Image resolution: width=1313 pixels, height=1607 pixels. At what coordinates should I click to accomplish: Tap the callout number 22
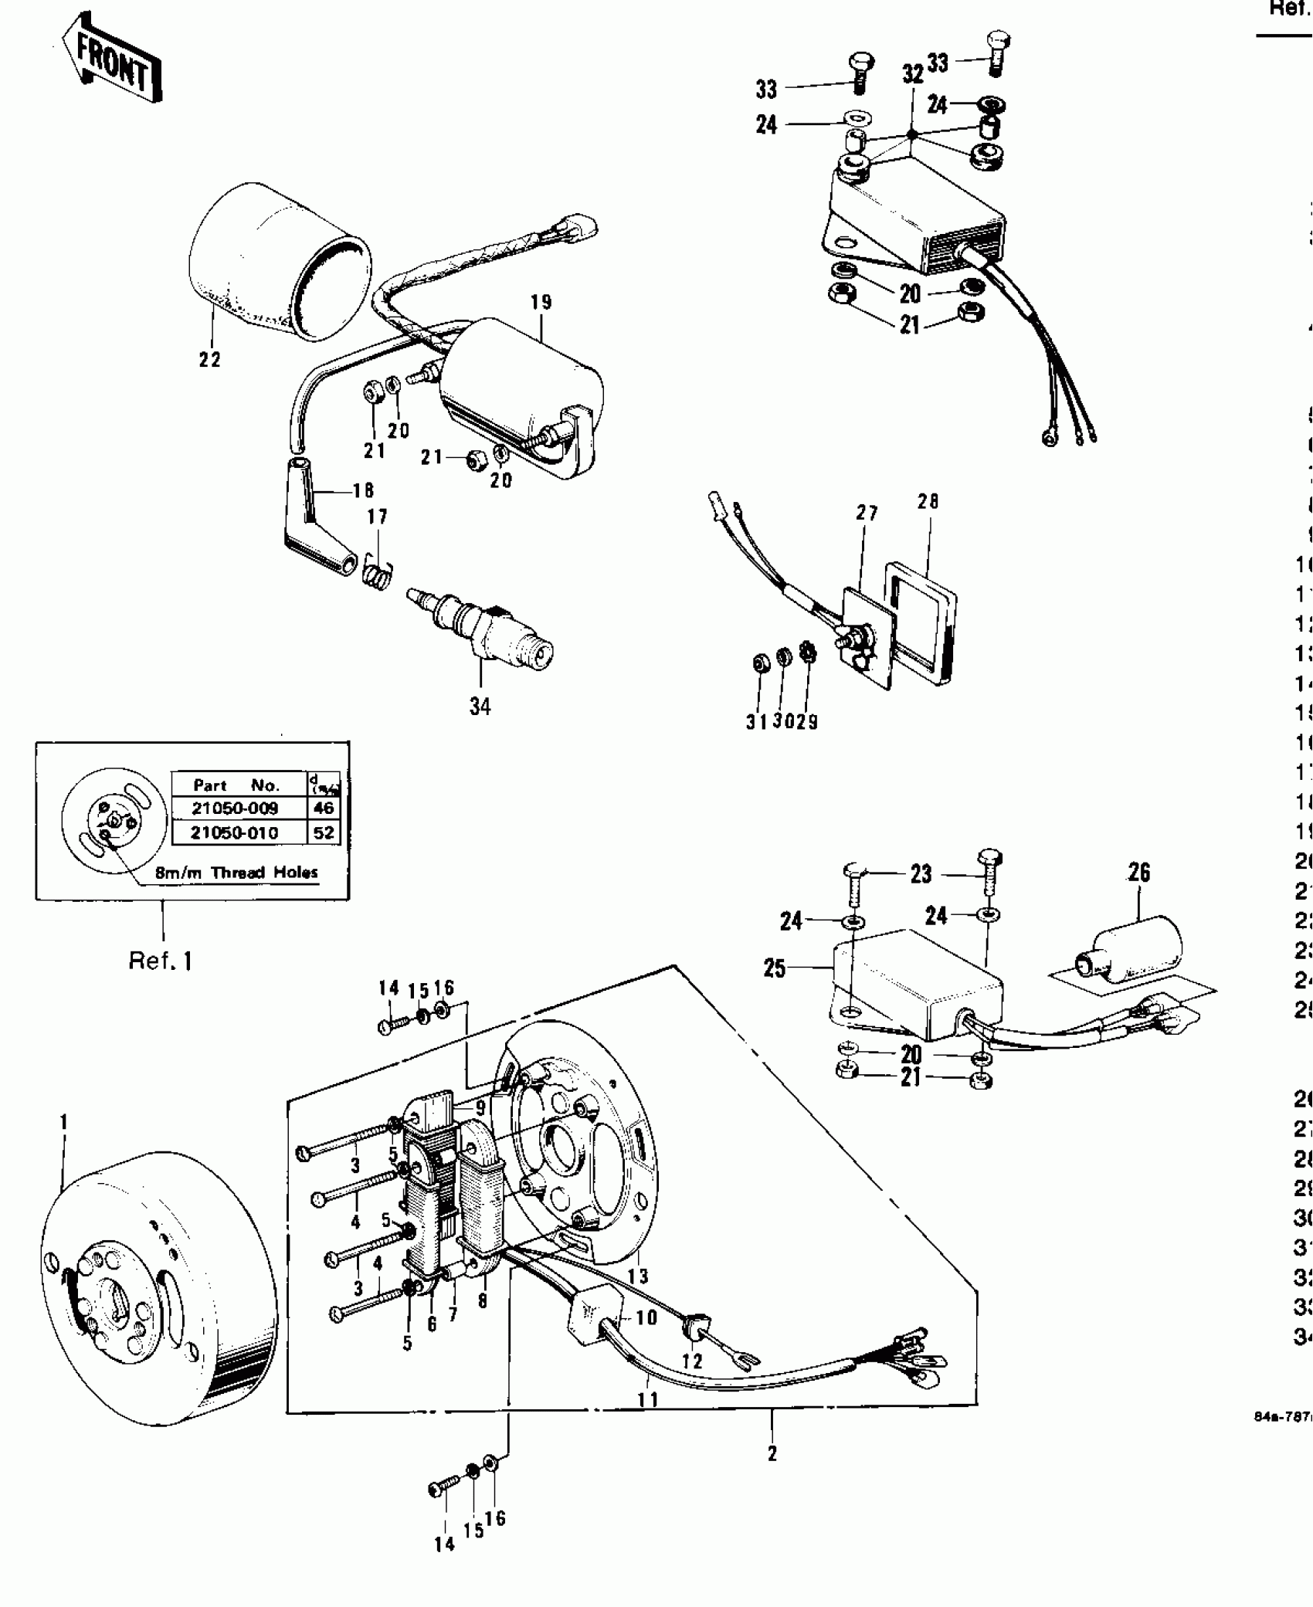(209, 359)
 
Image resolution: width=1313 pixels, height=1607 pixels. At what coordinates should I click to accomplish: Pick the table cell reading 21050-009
(235, 809)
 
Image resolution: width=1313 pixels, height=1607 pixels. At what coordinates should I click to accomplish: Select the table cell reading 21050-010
(235, 832)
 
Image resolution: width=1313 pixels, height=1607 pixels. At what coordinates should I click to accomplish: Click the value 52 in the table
(324, 832)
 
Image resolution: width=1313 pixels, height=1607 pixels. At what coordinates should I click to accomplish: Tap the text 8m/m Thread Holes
(236, 873)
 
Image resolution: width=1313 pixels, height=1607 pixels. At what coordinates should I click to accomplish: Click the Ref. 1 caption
(161, 961)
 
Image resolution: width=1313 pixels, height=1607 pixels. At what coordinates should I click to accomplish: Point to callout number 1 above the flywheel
(64, 1121)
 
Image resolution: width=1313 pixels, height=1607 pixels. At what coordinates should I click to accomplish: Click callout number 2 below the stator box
(772, 1453)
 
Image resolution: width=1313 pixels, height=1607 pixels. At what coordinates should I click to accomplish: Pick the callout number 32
(913, 75)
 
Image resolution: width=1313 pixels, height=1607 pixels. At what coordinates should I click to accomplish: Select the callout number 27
(867, 514)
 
